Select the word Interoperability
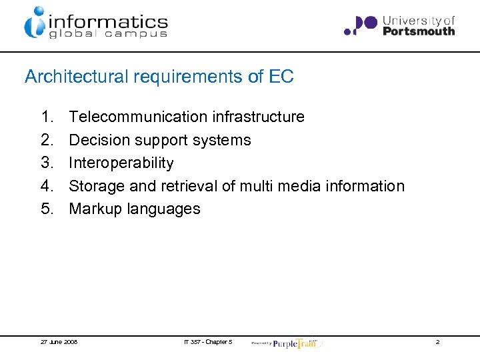click(121, 163)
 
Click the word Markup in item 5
click(95, 209)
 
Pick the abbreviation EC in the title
click(281, 77)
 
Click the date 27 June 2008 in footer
click(59, 342)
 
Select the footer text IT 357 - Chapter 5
click(208, 342)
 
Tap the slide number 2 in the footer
click(437, 342)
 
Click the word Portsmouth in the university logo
click(419, 31)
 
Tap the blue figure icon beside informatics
click(35, 22)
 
